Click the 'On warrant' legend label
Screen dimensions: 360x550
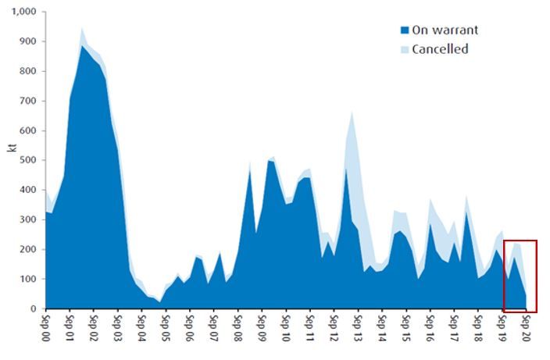coord(445,30)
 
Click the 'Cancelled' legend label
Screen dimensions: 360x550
coord(440,49)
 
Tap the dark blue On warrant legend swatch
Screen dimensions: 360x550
coord(405,30)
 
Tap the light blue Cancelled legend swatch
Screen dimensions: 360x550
coord(405,50)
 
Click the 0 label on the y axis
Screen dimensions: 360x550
coord(34,308)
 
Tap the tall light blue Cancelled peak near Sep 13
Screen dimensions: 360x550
coord(352,113)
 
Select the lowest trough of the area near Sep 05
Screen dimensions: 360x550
coord(160,301)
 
